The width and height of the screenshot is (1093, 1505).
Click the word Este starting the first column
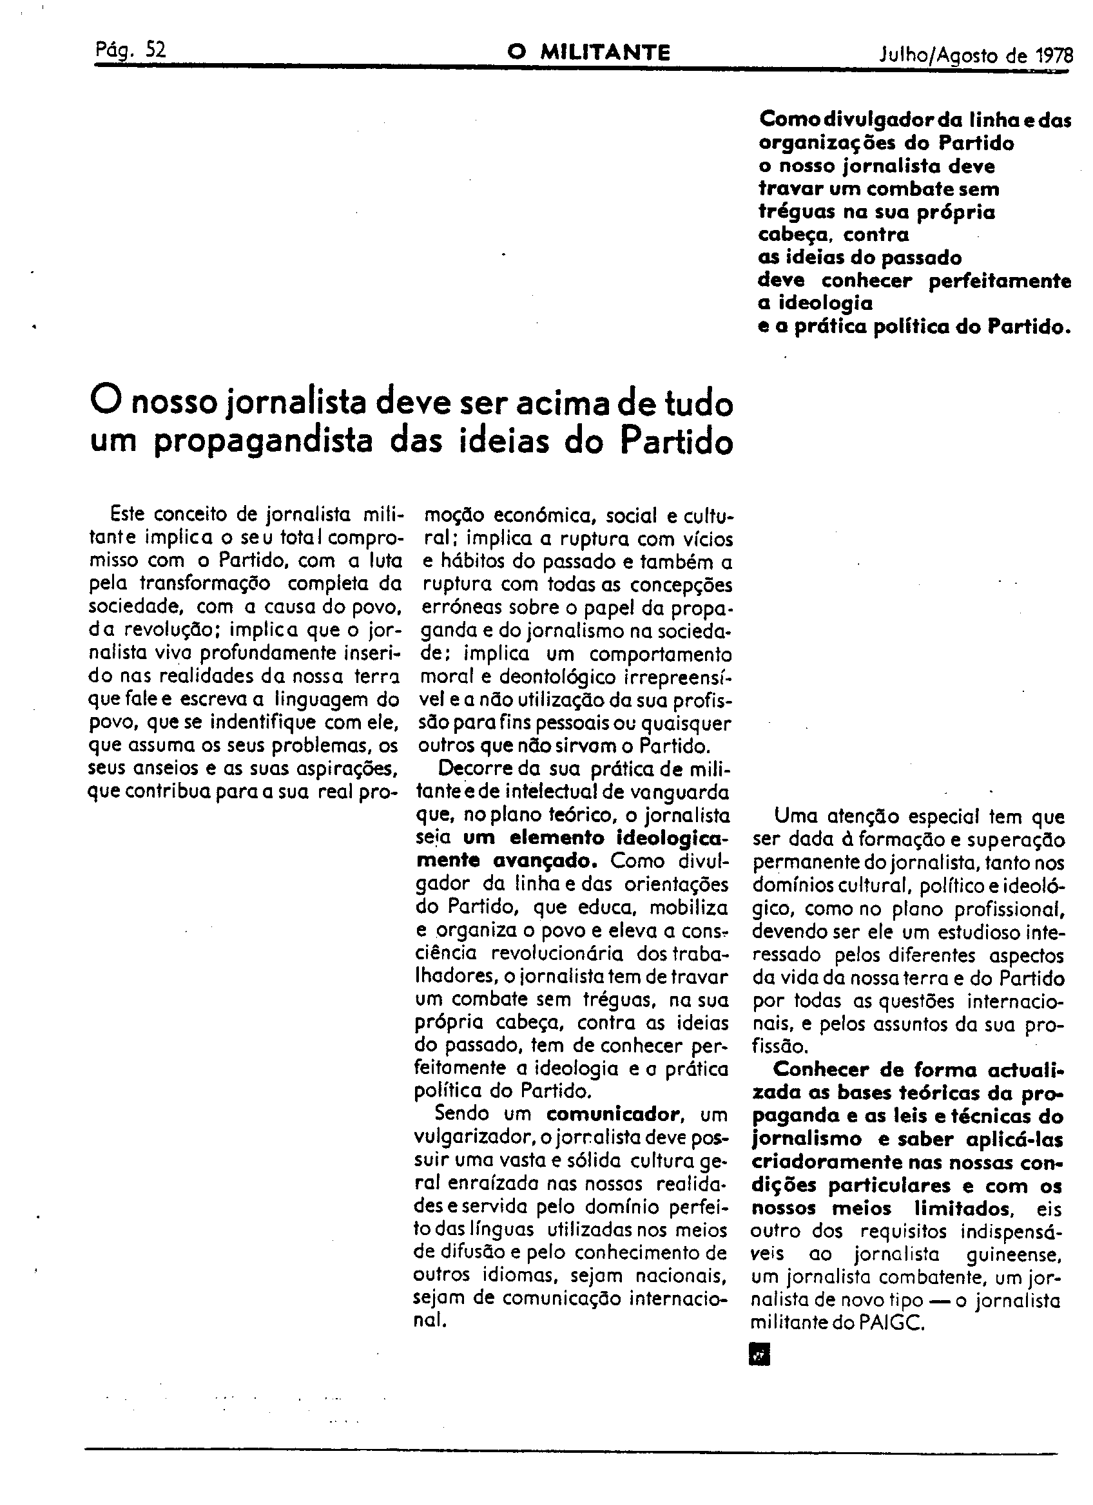click(128, 514)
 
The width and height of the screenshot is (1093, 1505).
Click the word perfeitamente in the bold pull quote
click(1000, 281)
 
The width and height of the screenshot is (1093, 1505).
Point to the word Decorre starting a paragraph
click(467, 769)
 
